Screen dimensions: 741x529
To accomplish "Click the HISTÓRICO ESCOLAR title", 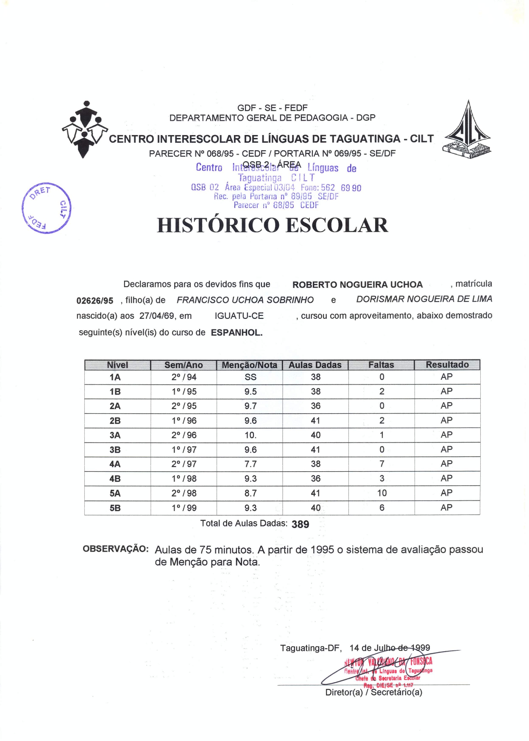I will click(x=272, y=225).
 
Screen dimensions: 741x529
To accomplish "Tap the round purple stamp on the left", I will click(x=46, y=208).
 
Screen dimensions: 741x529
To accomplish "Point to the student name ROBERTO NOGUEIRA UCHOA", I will click(x=357, y=285).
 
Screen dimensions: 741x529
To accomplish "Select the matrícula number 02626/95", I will click(x=95, y=301).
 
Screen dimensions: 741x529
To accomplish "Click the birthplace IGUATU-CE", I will click(x=239, y=316).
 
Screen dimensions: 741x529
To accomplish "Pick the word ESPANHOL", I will click(x=237, y=333).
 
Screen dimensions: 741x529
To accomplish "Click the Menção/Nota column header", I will click(x=249, y=365).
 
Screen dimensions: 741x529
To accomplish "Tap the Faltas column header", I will click(x=381, y=365).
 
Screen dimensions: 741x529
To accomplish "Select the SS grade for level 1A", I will click(x=251, y=377).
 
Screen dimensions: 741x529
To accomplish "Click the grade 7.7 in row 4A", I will click(x=251, y=464).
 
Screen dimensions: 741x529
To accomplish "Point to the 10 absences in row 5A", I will click(x=382, y=493).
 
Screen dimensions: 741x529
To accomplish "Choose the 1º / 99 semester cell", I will click(x=184, y=508).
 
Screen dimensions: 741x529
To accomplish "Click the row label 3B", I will click(x=115, y=450).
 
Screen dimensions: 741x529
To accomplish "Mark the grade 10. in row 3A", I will click(x=251, y=435).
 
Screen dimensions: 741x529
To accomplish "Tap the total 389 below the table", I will click(x=300, y=525).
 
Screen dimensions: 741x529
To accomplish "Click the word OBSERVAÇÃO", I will click(x=115, y=549).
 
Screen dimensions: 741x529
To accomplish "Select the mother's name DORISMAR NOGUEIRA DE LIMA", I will click(x=424, y=299).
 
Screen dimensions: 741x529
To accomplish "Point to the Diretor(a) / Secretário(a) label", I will click(x=373, y=692).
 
